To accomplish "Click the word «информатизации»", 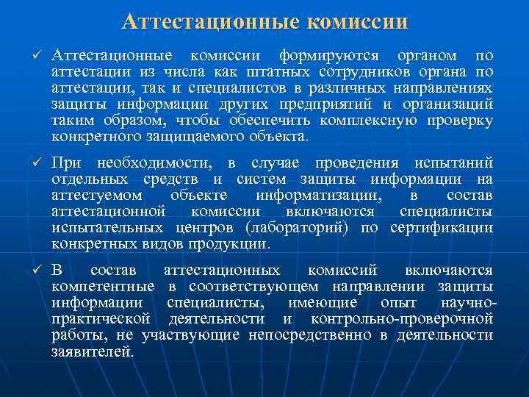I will [317, 196].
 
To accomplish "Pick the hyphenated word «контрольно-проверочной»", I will [401, 318].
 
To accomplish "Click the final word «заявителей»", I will [93, 351].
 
